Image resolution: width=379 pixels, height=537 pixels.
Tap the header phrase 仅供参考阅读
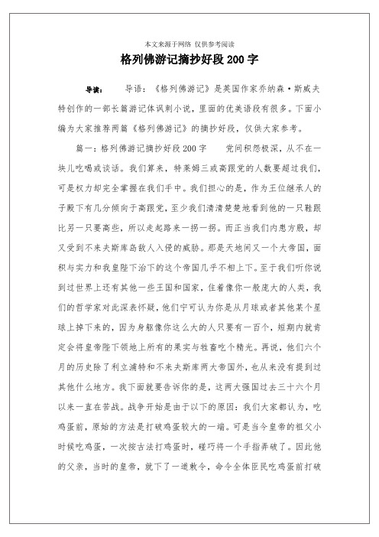[213, 44]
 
